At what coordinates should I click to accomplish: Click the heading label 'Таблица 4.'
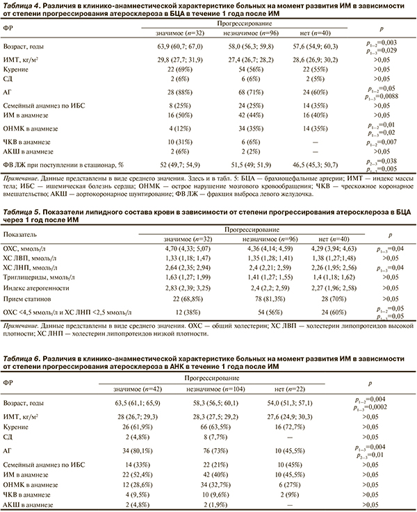pos(21,6)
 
